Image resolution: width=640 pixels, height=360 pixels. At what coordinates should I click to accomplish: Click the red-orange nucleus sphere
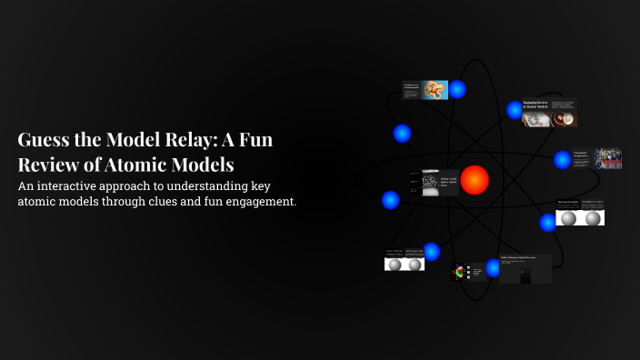(x=474, y=180)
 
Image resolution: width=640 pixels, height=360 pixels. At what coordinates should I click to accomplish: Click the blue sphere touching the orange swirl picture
(x=457, y=89)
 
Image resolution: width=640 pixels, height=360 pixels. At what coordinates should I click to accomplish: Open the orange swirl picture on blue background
(x=435, y=90)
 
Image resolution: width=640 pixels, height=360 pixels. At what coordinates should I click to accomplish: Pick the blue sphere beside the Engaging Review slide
(x=514, y=110)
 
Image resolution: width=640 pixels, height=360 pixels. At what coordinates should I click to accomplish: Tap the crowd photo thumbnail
(x=609, y=158)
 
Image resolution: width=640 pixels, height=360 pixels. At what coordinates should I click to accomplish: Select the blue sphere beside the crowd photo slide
(x=563, y=160)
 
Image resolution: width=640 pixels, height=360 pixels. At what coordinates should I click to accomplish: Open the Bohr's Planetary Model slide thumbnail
(x=525, y=269)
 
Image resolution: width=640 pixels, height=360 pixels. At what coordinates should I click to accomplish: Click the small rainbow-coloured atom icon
(x=459, y=271)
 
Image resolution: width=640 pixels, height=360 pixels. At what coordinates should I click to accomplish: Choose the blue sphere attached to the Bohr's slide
(x=494, y=267)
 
